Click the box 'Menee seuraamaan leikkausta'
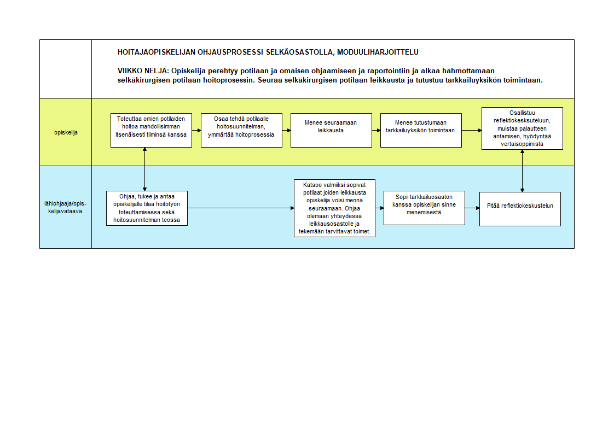click(x=331, y=130)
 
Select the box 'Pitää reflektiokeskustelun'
click(x=520, y=209)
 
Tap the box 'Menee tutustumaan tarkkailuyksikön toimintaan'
click(x=421, y=130)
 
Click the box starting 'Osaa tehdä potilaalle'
click(x=242, y=130)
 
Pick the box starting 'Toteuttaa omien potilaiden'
click(x=151, y=130)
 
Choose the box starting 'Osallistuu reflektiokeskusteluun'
click(x=522, y=128)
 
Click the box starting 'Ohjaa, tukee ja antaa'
click(x=147, y=208)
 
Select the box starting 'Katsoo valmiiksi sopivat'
click(x=334, y=208)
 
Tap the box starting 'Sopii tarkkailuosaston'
click(x=424, y=208)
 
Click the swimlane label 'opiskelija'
click(x=66, y=132)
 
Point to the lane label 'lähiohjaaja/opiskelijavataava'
click(x=65, y=207)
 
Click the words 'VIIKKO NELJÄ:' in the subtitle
click(x=143, y=71)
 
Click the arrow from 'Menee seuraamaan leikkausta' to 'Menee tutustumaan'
click(x=376, y=130)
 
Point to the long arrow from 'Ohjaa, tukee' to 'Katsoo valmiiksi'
click(x=241, y=208)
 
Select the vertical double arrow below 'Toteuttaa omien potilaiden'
click(x=145, y=169)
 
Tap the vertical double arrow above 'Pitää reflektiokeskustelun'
click(x=522, y=171)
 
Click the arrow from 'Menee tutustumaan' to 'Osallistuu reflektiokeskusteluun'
click(x=472, y=130)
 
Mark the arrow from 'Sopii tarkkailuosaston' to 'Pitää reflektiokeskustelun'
click(x=472, y=208)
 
